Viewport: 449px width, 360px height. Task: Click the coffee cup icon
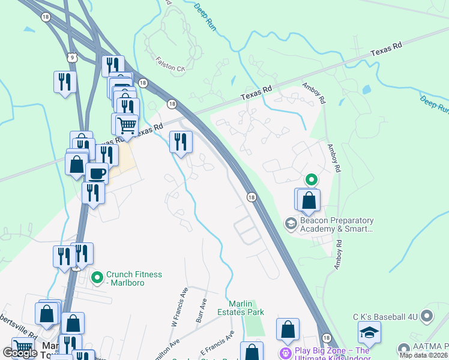tap(96, 173)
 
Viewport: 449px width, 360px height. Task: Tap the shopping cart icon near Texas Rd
tap(127, 125)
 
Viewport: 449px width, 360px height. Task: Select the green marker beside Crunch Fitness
tap(96, 278)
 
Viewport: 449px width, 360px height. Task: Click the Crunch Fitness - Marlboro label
tap(134, 278)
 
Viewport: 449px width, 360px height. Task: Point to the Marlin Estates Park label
tap(246, 308)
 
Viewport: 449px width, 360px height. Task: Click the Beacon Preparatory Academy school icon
tap(291, 224)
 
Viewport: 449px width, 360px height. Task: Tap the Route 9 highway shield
tap(72, 58)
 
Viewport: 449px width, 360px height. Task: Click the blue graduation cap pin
tap(369, 332)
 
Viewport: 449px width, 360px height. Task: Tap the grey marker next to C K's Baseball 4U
tap(427, 315)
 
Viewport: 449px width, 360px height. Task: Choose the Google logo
tap(20, 353)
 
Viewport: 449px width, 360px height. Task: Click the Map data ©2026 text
tap(424, 355)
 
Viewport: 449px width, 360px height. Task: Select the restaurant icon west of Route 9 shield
tap(65, 82)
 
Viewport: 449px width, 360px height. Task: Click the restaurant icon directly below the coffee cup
tap(93, 193)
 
